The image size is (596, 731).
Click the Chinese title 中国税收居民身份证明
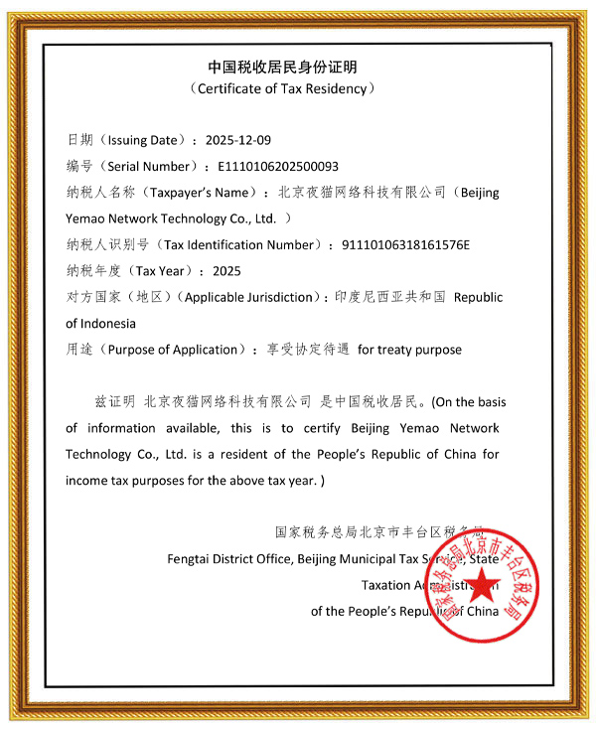[283, 67]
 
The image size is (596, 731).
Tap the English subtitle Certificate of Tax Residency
[283, 88]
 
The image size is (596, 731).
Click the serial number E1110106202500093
[284, 166]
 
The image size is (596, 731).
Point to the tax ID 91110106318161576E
[404, 244]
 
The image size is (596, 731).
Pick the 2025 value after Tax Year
[226, 270]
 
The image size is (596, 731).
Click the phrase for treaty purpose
[409, 350]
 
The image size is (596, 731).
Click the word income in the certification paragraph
[85, 480]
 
